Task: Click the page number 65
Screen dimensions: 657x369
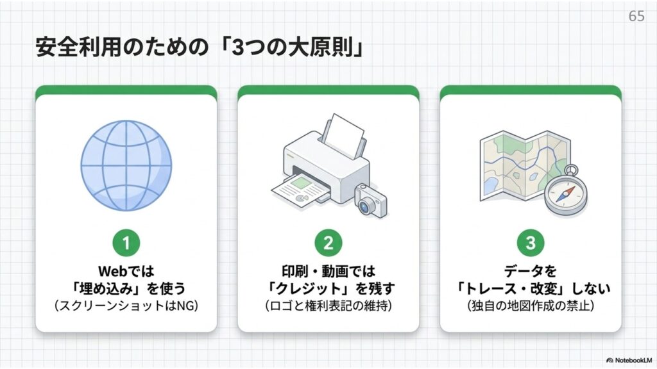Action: point(636,16)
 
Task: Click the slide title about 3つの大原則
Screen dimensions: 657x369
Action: point(199,47)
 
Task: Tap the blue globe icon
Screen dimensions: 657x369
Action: point(126,166)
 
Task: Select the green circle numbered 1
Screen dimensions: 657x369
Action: point(126,243)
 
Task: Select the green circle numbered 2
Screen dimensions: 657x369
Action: point(328,243)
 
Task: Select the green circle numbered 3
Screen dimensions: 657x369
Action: point(531,243)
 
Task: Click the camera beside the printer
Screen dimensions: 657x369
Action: point(371,201)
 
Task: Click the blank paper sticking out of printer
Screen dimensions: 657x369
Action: point(344,135)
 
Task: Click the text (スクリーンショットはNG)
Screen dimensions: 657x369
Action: point(126,306)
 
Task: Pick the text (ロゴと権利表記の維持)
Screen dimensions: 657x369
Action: point(328,306)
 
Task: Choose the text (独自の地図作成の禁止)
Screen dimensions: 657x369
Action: point(531,306)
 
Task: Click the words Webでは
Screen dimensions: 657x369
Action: point(126,271)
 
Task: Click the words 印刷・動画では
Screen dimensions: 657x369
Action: point(328,271)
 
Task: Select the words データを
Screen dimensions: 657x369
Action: point(531,271)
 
